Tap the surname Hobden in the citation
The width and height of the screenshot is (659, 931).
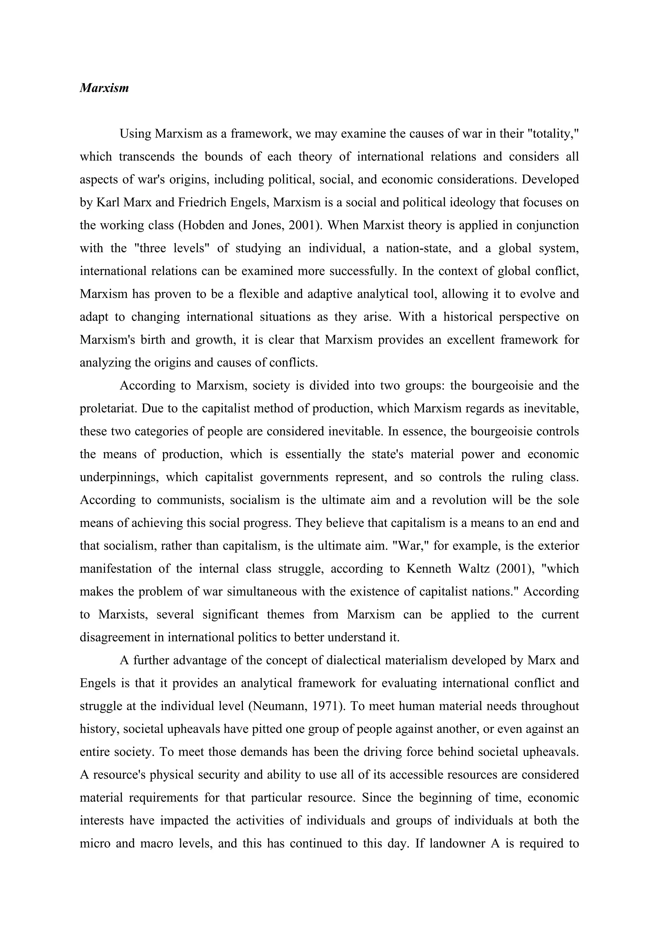[x=204, y=225]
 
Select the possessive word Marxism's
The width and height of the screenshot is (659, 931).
[x=106, y=339]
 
